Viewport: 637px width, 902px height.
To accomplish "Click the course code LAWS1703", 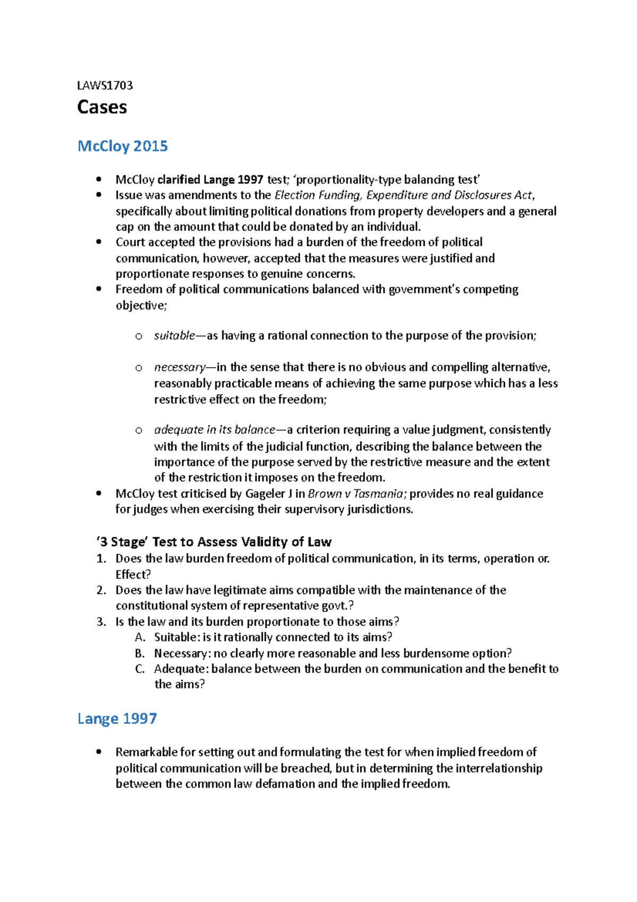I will pyautogui.click(x=105, y=86).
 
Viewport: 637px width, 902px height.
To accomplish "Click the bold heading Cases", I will pyautogui.click(x=102, y=107).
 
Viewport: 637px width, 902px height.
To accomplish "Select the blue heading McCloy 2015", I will pyautogui.click(x=123, y=146).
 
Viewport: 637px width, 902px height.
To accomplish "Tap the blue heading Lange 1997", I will pyautogui.click(x=117, y=719).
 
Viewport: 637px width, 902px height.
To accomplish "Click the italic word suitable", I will pyautogui.click(x=175, y=336).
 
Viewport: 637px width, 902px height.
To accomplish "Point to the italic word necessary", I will pyautogui.click(x=179, y=367).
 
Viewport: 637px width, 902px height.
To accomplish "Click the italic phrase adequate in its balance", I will pyautogui.click(x=214, y=430).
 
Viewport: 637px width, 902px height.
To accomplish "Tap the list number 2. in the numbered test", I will pyautogui.click(x=101, y=590).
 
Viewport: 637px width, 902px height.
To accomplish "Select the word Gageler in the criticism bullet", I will pyautogui.click(x=265, y=493).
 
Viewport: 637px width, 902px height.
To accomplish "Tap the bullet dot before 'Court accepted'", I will pyautogui.click(x=99, y=242).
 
